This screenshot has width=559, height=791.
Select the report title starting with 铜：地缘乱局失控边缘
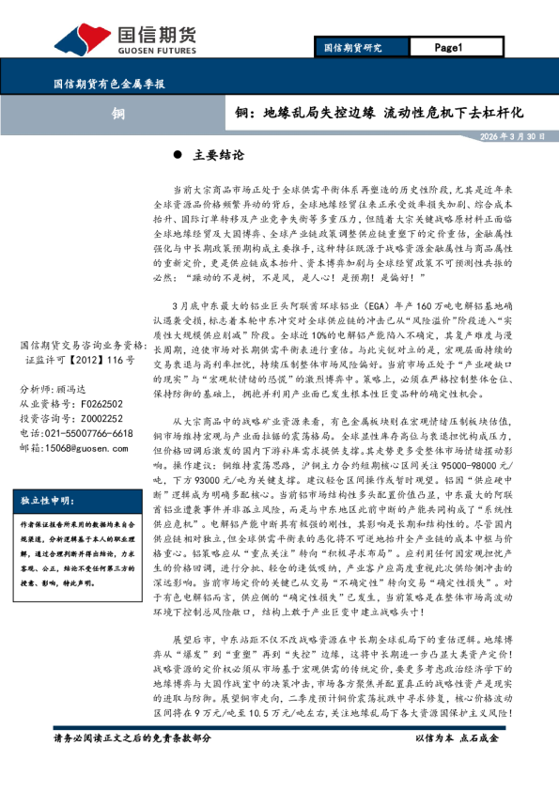[x=379, y=113]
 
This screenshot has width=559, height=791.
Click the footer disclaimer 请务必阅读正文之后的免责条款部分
[x=132, y=764]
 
